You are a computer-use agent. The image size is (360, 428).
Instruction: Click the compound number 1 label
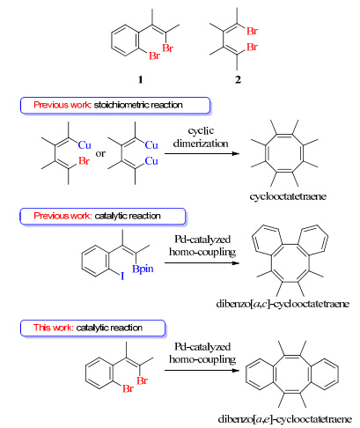[140, 79]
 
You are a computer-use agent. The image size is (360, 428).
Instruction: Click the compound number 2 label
[238, 79]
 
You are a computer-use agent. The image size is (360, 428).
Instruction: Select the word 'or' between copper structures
[100, 153]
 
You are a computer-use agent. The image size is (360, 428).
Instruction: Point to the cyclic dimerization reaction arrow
[202, 153]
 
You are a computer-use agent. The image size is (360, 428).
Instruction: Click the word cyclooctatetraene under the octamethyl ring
[288, 196]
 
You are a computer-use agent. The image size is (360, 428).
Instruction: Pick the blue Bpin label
[143, 269]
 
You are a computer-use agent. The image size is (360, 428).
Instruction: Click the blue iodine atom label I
[122, 277]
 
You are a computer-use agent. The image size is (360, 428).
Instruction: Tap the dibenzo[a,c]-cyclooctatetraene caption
[283, 304]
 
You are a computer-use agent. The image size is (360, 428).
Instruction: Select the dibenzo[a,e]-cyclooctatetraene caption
[285, 419]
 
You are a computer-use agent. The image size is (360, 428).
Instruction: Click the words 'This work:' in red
[53, 328]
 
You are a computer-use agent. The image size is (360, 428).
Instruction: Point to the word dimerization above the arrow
[201, 144]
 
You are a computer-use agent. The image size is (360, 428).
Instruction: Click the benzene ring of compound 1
[124, 41]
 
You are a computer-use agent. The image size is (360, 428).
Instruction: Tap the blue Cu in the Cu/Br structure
[84, 145]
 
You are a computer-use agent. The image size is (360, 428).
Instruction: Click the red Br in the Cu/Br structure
[84, 161]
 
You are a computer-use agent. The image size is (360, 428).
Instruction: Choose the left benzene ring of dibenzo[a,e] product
[260, 374]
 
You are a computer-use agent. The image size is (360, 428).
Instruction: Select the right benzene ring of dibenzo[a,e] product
[324, 374]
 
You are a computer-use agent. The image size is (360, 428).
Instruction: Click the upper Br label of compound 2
[252, 31]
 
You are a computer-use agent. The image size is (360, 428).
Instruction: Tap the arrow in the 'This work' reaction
[202, 371]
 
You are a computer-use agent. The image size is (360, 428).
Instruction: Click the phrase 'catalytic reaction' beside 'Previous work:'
[128, 216]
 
